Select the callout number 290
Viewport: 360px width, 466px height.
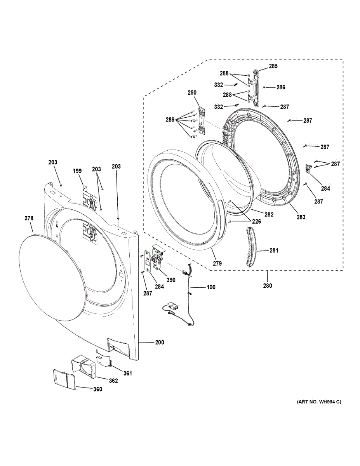[x=192, y=93]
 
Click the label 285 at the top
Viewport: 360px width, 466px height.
[x=273, y=66]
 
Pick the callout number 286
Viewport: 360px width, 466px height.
[x=281, y=87]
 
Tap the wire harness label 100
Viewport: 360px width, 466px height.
[x=211, y=287]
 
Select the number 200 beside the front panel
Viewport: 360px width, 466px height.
[x=160, y=343]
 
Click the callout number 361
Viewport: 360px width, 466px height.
[x=128, y=374]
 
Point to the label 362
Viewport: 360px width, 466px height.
[x=113, y=381]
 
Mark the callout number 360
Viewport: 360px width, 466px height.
[x=97, y=389]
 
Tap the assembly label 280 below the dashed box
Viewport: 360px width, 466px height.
[x=267, y=286]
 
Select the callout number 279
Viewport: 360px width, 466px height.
[x=217, y=263]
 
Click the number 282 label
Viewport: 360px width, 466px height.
[x=269, y=214]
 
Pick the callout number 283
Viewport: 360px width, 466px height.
[x=301, y=217]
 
